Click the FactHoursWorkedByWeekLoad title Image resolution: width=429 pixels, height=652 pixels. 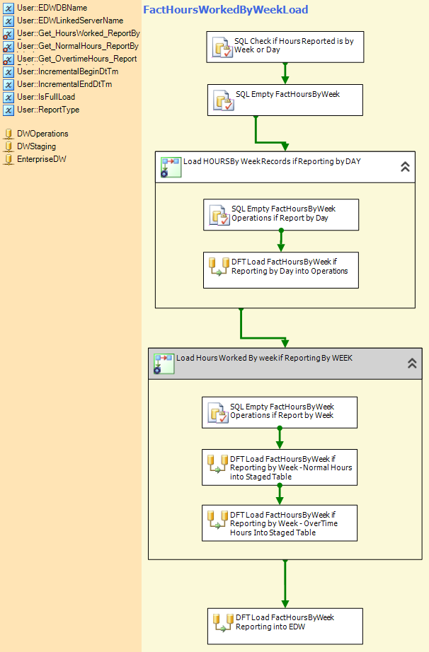pyautogui.click(x=226, y=10)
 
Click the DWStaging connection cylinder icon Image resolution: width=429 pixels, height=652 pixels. pyautogui.click(x=8, y=147)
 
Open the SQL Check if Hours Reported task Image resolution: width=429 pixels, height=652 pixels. pyautogui.click(x=285, y=47)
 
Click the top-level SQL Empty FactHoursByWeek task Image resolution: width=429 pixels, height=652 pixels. pyautogui.click(x=285, y=100)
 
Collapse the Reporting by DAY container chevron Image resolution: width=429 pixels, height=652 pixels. pyautogui.click(x=405, y=167)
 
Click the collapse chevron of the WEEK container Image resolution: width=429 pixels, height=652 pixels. pyautogui.click(x=412, y=363)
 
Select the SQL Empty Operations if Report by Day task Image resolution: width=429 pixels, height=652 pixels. pyautogui.click(x=281, y=214)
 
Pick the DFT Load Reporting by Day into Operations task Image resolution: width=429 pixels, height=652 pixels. pyautogui.click(x=281, y=270)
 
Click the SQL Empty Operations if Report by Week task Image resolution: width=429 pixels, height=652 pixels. pyautogui.click(x=280, y=412)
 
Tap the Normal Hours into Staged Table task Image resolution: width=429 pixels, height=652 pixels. pyautogui.click(x=280, y=467)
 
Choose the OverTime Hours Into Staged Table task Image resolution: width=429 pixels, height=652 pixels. pyautogui.click(x=280, y=523)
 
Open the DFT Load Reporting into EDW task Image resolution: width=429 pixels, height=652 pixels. pyautogui.click(x=285, y=627)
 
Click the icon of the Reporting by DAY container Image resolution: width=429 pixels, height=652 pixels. pyautogui.click(x=171, y=167)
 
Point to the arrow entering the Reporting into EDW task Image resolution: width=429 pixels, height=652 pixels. pyautogui.click(x=285, y=584)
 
